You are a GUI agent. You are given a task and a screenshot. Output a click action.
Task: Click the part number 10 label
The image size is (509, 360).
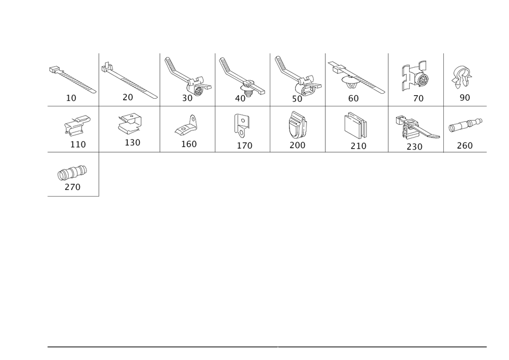[72, 98]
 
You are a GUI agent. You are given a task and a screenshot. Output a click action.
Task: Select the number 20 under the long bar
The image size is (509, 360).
[128, 97]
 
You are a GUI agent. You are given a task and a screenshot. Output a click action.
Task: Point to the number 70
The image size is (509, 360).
[418, 99]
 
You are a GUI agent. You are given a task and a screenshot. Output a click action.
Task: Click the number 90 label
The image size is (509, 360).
[465, 97]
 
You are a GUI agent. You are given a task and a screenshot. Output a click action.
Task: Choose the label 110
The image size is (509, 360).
[78, 145]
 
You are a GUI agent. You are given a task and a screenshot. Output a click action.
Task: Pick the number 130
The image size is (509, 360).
[132, 143]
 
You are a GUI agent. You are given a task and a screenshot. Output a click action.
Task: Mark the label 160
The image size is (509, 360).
[189, 145]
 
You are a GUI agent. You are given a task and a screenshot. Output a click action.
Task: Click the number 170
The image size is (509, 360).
[244, 146]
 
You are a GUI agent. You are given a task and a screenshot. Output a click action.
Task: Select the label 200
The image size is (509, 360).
[297, 146]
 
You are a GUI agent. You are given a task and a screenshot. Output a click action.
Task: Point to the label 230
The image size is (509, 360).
[415, 147]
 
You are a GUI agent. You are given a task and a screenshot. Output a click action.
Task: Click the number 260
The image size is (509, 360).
[465, 146]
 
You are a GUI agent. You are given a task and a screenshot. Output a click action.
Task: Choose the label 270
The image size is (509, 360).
[73, 187]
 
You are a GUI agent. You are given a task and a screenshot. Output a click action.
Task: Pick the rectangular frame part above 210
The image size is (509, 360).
[356, 125]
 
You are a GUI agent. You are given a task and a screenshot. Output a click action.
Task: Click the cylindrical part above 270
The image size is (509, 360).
[72, 172]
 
